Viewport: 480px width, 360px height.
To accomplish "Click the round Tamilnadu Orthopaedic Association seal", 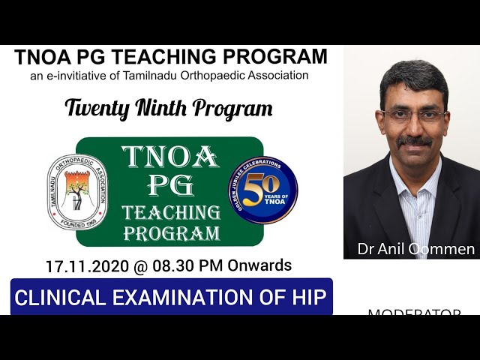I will [78, 192].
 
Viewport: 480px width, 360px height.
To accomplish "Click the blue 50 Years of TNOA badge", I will [262, 190].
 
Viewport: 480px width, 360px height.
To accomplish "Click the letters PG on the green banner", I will [170, 185].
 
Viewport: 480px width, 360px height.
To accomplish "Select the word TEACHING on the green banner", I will [171, 212].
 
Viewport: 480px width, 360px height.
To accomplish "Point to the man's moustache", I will [415, 141].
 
